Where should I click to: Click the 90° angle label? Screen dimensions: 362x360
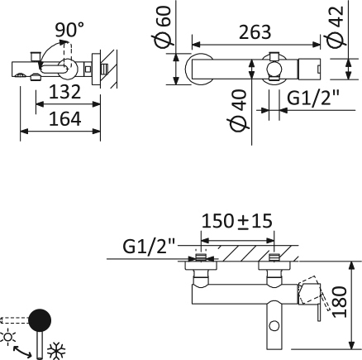tap(69, 30)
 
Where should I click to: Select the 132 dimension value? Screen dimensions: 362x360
tap(64, 92)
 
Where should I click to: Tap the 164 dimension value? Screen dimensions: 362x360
tap(64, 119)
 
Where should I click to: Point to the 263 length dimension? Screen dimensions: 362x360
tap(255, 32)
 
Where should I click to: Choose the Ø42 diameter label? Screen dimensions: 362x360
tap(335, 26)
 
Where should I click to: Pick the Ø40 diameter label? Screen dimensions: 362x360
tap(237, 111)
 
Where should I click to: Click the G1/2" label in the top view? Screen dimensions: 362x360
tap(313, 98)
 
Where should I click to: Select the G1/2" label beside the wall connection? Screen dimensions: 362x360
tap(149, 246)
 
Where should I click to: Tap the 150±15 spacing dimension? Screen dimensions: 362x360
tap(237, 221)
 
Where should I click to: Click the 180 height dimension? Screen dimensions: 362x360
tap(340, 302)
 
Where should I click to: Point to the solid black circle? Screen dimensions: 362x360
tap(40, 320)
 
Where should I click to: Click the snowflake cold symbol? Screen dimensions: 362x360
tap(56, 351)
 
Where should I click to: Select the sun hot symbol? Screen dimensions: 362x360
tap(8, 337)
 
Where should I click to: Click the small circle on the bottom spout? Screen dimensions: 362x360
tap(274, 326)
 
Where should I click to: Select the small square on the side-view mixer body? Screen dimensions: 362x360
tap(88, 69)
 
